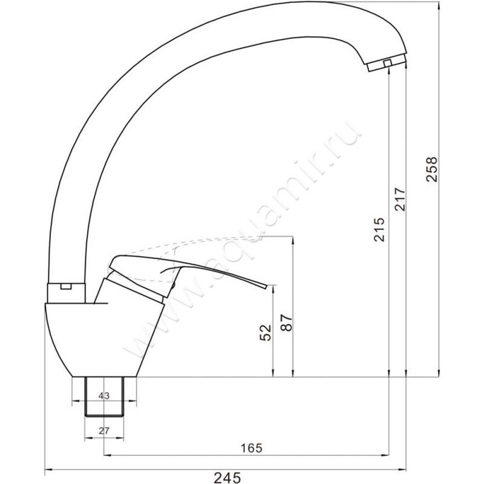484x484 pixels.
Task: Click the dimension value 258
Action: pos(432,169)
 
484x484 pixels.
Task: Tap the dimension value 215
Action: pos(379,230)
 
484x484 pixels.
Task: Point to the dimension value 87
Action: pos(287,322)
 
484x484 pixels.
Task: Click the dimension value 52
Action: pos(266,332)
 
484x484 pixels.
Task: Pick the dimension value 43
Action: pos(104,396)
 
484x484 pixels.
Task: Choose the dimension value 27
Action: pos(104,431)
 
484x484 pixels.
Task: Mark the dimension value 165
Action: pos(251,448)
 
